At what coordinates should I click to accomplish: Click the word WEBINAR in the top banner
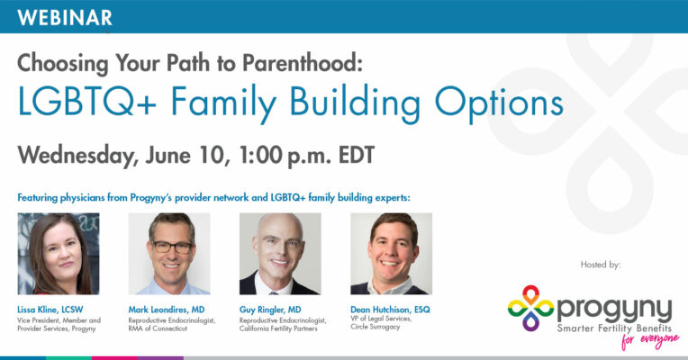point(65,18)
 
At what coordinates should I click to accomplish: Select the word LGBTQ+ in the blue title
point(86,101)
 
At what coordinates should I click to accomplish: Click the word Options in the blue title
point(499,103)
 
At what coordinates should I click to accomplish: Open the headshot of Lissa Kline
point(59,254)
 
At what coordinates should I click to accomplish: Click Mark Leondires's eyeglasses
point(172,247)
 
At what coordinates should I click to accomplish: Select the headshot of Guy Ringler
point(280,254)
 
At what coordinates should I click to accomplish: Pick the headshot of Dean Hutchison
point(392,254)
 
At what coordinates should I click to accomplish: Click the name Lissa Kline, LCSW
point(50,310)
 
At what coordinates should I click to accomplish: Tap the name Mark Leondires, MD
point(167,310)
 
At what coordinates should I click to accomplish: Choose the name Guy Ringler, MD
point(270,310)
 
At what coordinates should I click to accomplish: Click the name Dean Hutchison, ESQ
point(391,310)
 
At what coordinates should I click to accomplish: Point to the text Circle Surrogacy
point(376,327)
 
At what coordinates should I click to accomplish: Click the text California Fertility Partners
point(278,328)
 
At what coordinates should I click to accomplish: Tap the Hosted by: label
point(601,265)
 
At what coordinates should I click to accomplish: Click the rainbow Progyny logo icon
point(530,308)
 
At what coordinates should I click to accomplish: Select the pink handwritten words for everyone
point(650,340)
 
